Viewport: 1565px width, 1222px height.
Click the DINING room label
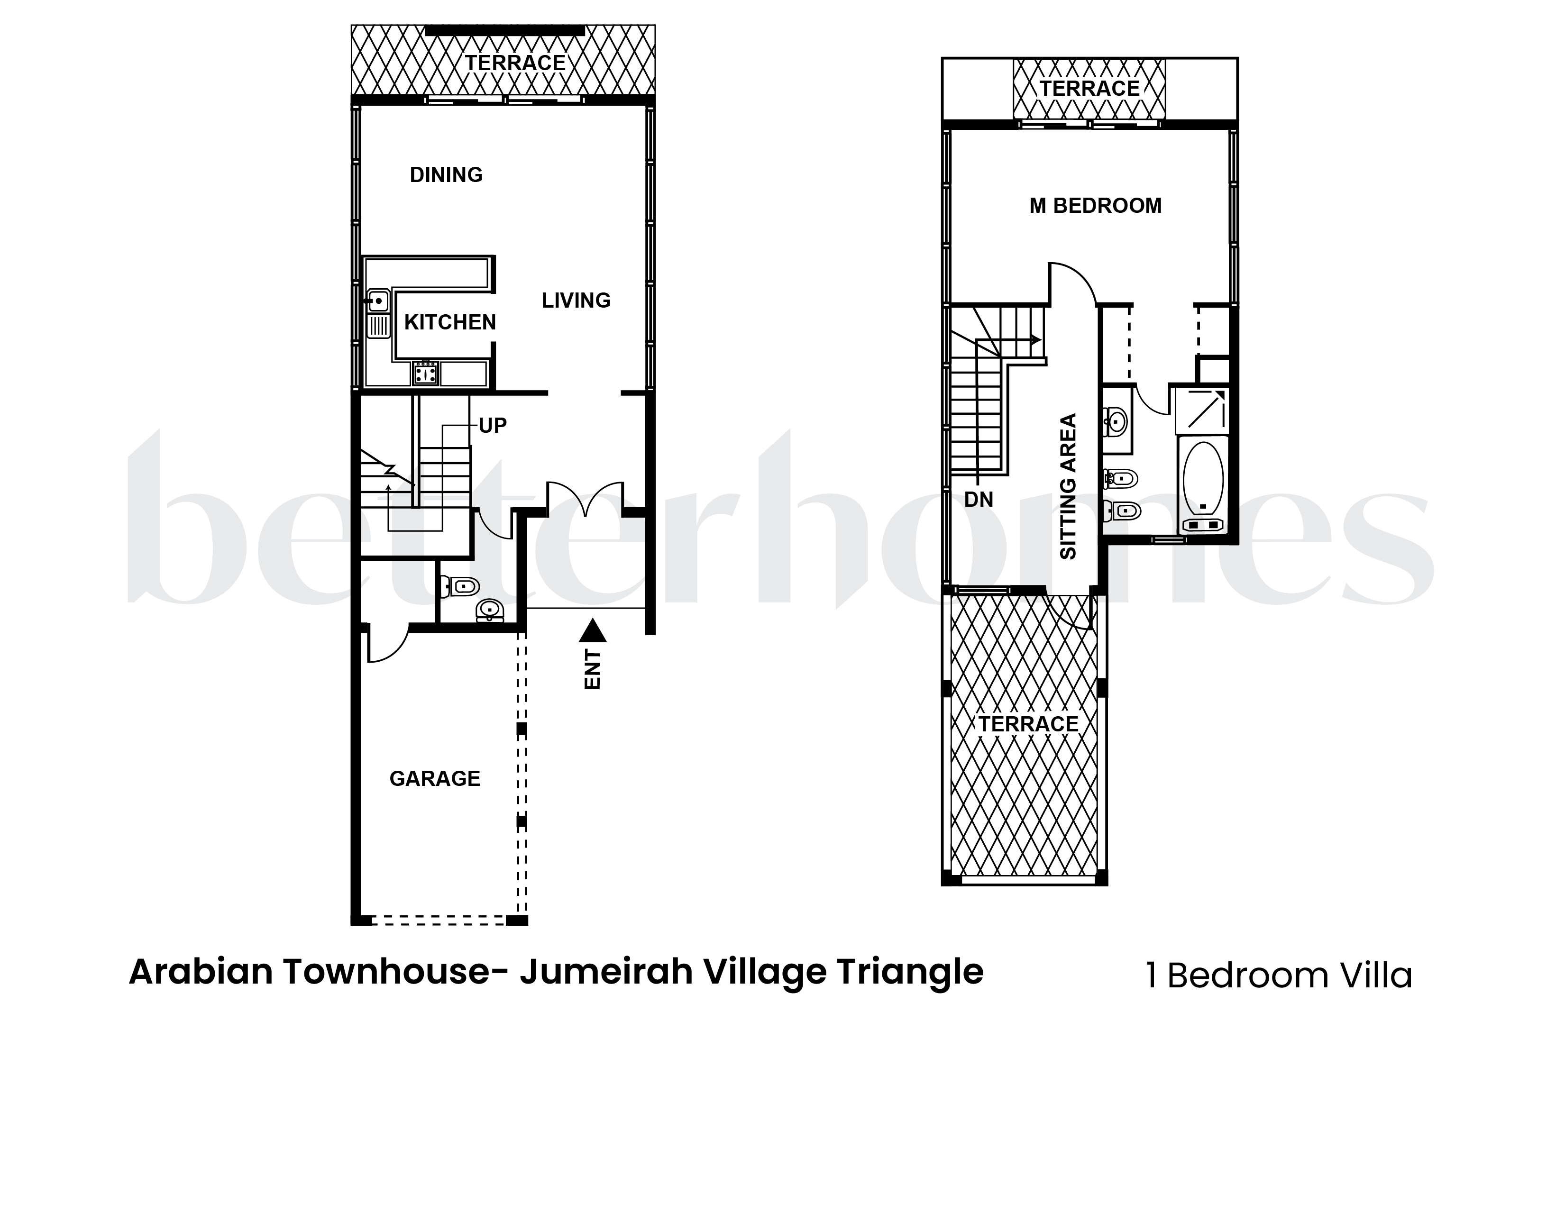click(x=446, y=175)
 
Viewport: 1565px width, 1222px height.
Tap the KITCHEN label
click(x=450, y=322)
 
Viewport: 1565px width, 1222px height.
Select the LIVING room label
click(x=576, y=300)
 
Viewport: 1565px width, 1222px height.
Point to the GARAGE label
click(x=434, y=779)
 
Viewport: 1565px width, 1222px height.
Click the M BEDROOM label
click(x=1095, y=206)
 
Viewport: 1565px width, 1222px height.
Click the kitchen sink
click(x=378, y=301)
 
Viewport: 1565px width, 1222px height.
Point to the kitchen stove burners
click(x=426, y=373)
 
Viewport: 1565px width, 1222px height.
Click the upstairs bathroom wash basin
click(x=1115, y=420)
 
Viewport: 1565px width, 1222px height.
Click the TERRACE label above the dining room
click(x=515, y=63)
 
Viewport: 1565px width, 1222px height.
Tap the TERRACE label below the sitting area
click(x=1028, y=724)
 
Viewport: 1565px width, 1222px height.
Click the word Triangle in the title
click(x=910, y=972)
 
